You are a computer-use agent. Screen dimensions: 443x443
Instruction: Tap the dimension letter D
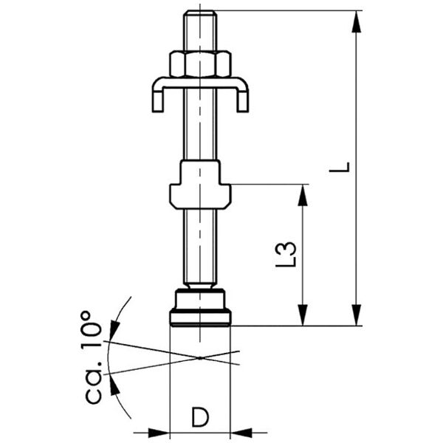click(x=199, y=417)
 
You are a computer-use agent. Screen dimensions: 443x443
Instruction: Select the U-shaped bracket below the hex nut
click(x=200, y=87)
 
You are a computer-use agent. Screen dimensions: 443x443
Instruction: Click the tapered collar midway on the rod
click(x=200, y=185)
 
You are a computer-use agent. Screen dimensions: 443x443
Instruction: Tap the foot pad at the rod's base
click(x=200, y=309)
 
